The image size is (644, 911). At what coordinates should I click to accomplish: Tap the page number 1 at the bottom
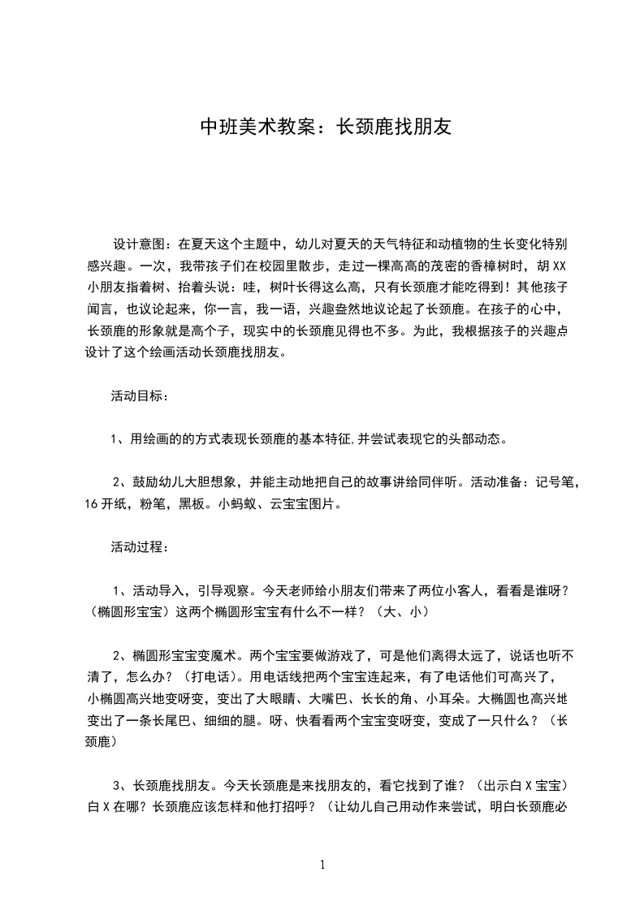click(322, 865)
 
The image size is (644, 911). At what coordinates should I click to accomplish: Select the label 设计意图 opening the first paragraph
click(140, 243)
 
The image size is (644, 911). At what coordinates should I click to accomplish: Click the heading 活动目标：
click(140, 396)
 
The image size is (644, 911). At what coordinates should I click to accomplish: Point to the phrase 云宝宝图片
click(308, 503)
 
